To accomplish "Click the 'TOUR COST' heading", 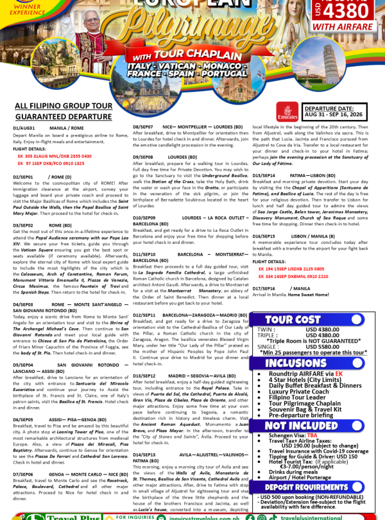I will [293, 320].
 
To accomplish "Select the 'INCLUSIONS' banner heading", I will [296, 363].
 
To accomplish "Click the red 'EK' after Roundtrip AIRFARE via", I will [338, 373].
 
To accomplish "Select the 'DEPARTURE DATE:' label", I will [329, 109].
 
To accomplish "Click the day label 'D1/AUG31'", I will [24, 128].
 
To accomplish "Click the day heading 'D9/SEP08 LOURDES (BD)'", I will [161, 157].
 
